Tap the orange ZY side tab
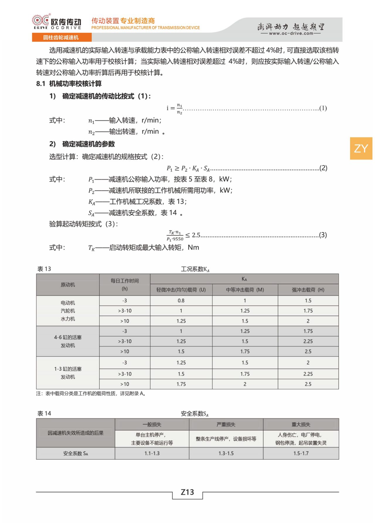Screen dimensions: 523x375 tap(361, 148)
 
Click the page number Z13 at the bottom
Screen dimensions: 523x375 tap(187, 492)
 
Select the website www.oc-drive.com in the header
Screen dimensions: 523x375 tap(291, 33)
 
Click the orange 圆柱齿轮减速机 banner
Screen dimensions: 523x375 tap(62, 37)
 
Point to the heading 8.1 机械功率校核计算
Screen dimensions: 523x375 tap(69, 84)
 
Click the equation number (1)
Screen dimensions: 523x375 tap(323, 108)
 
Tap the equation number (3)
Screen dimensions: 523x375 tap(323, 235)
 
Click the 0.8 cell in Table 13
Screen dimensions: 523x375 tap(181, 300)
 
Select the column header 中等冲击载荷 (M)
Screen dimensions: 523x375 tap(245, 290)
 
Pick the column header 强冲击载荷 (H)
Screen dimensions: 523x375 tap(308, 290)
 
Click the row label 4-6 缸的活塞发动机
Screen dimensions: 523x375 tap(68, 341)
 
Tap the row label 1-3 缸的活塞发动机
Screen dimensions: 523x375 tap(68, 373)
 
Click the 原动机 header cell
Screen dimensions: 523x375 tap(68, 285)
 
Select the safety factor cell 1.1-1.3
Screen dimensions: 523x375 tap(152, 453)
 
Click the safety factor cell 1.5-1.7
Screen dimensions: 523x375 tap(301, 453)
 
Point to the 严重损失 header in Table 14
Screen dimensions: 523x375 tap(226, 424)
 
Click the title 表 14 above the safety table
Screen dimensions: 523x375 tap(44, 413)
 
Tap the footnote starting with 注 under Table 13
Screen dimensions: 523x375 tap(91, 393)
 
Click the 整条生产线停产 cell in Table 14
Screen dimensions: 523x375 tap(226, 439)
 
